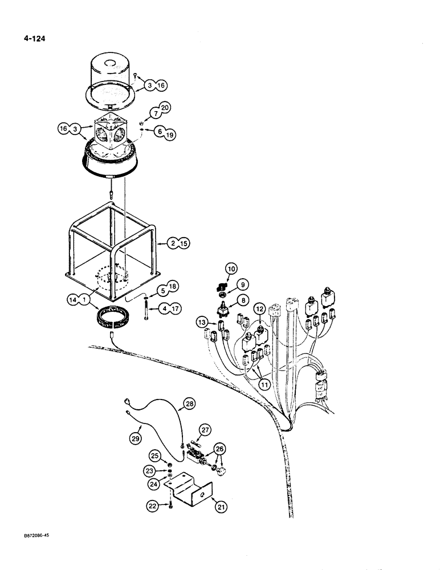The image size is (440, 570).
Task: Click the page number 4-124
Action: (34, 39)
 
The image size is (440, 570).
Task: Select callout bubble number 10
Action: (231, 268)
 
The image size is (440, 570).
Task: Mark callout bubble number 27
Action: (205, 430)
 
